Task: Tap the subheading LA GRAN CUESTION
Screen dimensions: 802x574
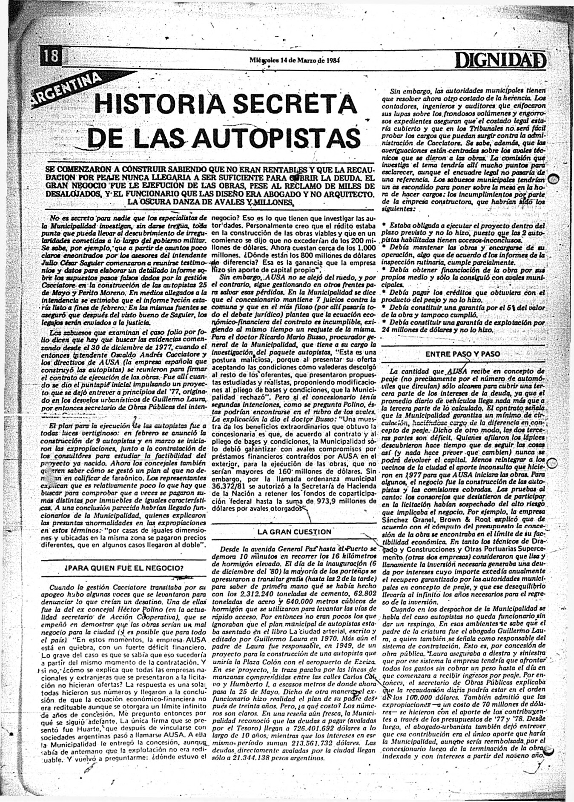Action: [x=294, y=532]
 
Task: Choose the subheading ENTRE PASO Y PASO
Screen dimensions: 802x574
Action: [x=463, y=354]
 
